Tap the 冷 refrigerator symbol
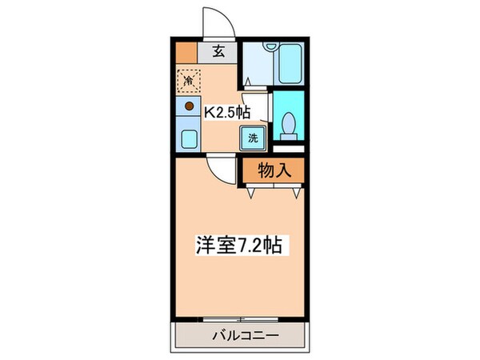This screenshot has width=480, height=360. click(190, 79)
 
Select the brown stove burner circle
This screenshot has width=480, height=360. click(190, 105)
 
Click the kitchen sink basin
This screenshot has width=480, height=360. click(189, 138)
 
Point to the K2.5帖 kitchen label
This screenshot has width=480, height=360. click(226, 113)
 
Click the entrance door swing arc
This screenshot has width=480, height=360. click(218, 20)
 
